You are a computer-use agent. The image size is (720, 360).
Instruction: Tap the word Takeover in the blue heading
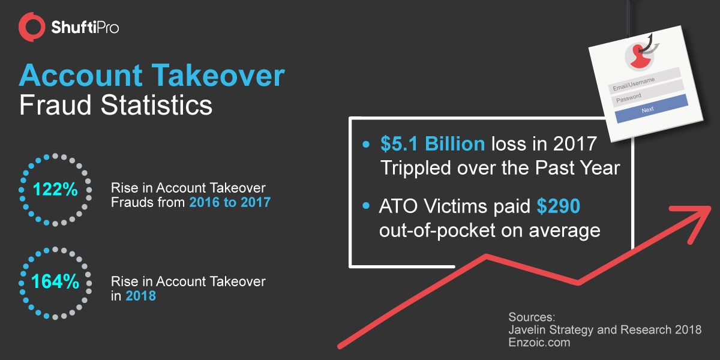218,75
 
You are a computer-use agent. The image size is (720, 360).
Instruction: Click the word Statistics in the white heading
157,105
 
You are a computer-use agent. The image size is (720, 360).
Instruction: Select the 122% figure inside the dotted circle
55,189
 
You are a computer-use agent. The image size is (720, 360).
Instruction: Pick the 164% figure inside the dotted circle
55,281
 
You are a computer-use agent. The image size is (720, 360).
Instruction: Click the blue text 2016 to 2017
230,202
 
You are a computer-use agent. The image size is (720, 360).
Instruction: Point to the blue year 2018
140,296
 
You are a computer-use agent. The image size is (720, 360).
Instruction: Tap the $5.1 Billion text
433,143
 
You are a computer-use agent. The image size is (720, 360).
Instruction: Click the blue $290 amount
559,206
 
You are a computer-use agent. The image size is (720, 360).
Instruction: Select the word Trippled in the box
415,168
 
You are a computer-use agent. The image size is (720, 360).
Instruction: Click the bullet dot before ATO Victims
366,206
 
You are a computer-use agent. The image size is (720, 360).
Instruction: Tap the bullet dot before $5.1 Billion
366,144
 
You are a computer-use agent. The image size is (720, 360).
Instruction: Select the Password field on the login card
647,94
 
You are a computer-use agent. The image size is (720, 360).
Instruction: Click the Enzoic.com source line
539,343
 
